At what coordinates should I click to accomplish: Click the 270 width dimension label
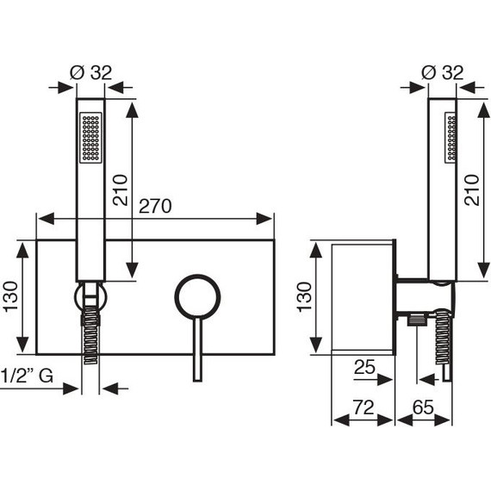click(x=155, y=206)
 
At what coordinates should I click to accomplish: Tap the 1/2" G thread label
click(x=27, y=376)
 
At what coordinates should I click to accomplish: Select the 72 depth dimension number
click(x=364, y=407)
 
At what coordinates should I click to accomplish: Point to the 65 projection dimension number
click(x=423, y=407)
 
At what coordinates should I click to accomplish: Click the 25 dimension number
click(x=364, y=367)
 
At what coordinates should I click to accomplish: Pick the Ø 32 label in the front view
click(x=90, y=72)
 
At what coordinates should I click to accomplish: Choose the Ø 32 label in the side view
click(x=443, y=72)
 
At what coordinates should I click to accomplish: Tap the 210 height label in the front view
click(x=121, y=190)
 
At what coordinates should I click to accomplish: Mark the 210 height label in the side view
click(x=471, y=190)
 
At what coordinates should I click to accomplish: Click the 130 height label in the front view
click(x=10, y=296)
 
